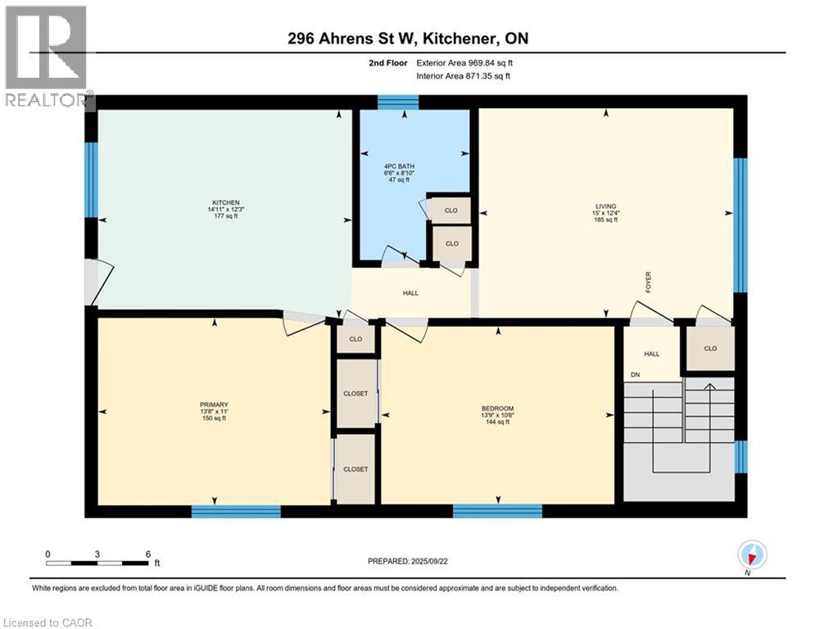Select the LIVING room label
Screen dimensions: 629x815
point(606,206)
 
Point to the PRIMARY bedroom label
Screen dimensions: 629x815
point(213,405)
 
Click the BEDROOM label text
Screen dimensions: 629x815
point(497,409)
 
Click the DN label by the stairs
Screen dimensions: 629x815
point(635,375)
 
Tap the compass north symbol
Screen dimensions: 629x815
point(751,555)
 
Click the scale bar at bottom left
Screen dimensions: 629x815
point(98,563)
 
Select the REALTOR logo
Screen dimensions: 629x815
point(46,56)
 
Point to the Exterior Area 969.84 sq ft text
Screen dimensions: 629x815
point(464,62)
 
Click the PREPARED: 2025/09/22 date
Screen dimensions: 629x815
point(407,561)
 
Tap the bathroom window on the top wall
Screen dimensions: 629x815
point(398,102)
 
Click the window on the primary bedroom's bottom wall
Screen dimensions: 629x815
point(236,511)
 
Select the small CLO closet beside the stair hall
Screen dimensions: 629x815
point(710,348)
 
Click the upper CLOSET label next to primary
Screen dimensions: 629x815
point(356,393)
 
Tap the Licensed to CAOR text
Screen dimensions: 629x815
point(48,622)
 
